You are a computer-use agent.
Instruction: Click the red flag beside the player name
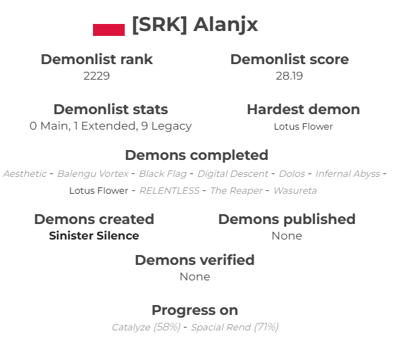(109, 29)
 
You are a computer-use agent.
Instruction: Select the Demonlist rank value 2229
(97, 75)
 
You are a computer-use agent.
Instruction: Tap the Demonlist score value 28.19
(289, 75)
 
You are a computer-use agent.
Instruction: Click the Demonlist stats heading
(111, 109)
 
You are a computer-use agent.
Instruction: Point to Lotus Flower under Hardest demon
(303, 127)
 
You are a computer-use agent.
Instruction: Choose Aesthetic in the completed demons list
(25, 173)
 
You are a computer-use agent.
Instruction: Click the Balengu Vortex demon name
(93, 173)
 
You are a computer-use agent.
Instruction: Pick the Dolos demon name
(292, 173)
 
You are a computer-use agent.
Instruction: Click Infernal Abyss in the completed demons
(347, 173)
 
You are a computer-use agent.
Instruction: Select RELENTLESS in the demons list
(169, 190)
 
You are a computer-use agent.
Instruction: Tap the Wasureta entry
(294, 190)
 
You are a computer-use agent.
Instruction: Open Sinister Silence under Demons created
(94, 236)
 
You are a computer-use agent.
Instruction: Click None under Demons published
(287, 236)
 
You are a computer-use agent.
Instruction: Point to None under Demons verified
(194, 277)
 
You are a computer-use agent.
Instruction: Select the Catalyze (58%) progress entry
(146, 327)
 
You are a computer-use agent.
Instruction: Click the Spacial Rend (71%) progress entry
(235, 327)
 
